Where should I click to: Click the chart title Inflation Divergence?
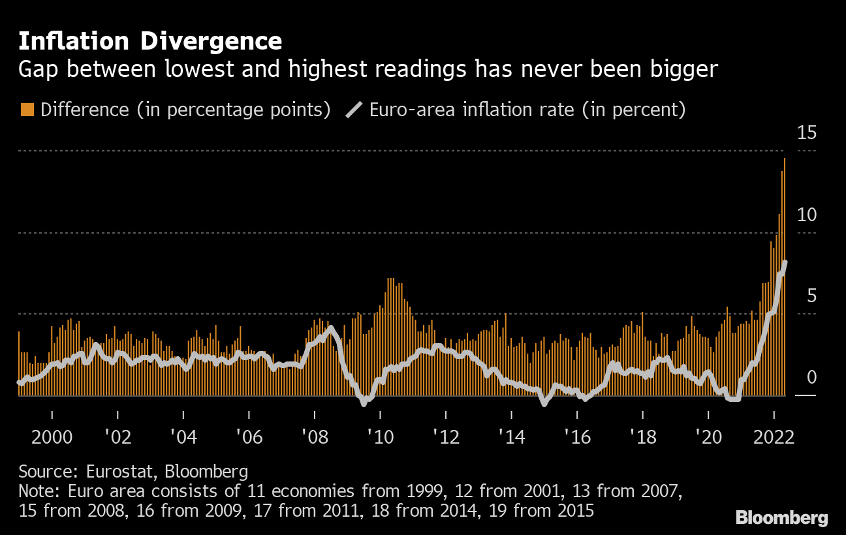click(150, 42)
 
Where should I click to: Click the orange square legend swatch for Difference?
click(27, 110)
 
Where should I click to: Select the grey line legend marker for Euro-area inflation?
click(354, 110)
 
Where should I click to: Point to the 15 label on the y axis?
click(807, 134)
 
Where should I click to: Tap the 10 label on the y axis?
click(807, 215)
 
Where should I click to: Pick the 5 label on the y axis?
click(811, 296)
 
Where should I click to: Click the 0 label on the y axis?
click(811, 378)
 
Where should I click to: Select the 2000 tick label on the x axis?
click(51, 436)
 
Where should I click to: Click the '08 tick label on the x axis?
click(315, 436)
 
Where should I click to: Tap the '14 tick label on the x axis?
click(512, 436)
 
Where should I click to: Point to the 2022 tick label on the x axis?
click(773, 436)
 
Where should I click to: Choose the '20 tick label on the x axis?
click(709, 436)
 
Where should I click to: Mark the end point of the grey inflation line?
click(785, 262)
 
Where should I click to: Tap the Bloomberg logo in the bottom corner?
click(782, 518)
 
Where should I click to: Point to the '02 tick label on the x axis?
click(117, 436)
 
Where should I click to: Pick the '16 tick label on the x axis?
click(578, 436)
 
